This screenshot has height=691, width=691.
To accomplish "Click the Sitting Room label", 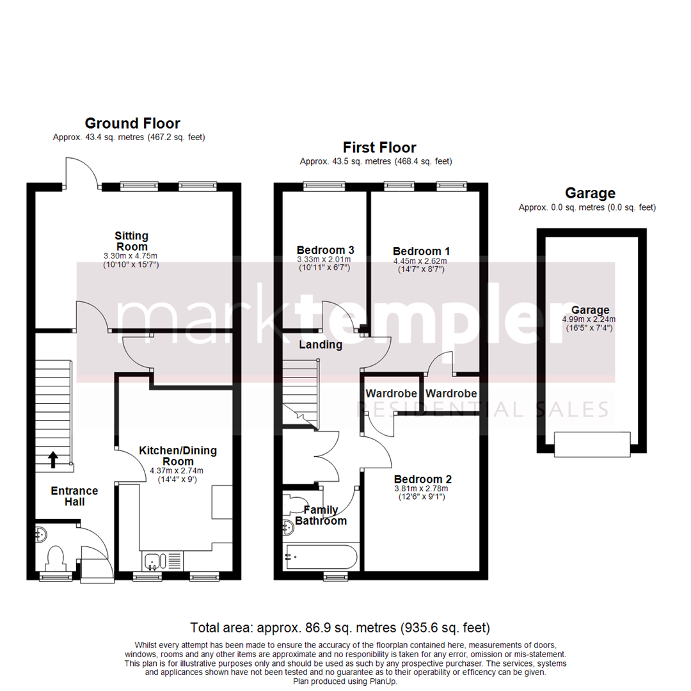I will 131,241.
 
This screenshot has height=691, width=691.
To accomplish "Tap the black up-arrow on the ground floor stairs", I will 52,458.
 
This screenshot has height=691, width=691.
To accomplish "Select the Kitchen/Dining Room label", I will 178,456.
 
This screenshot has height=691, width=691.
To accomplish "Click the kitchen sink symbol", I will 153,561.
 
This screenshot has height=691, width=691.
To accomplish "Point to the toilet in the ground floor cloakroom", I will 55,557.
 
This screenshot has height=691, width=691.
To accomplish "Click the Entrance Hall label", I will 74,496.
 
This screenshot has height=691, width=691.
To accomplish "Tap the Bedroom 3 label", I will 325,250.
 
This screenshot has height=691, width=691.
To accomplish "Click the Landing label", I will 321,345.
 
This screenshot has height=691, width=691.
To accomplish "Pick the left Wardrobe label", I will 391,393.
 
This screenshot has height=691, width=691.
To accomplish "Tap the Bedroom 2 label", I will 423,479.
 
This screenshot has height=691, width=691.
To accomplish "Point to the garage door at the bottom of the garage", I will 592,445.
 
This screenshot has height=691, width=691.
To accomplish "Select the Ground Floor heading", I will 132,123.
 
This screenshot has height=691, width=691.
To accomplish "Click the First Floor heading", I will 379,148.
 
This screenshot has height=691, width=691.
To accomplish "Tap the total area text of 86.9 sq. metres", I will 340,627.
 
